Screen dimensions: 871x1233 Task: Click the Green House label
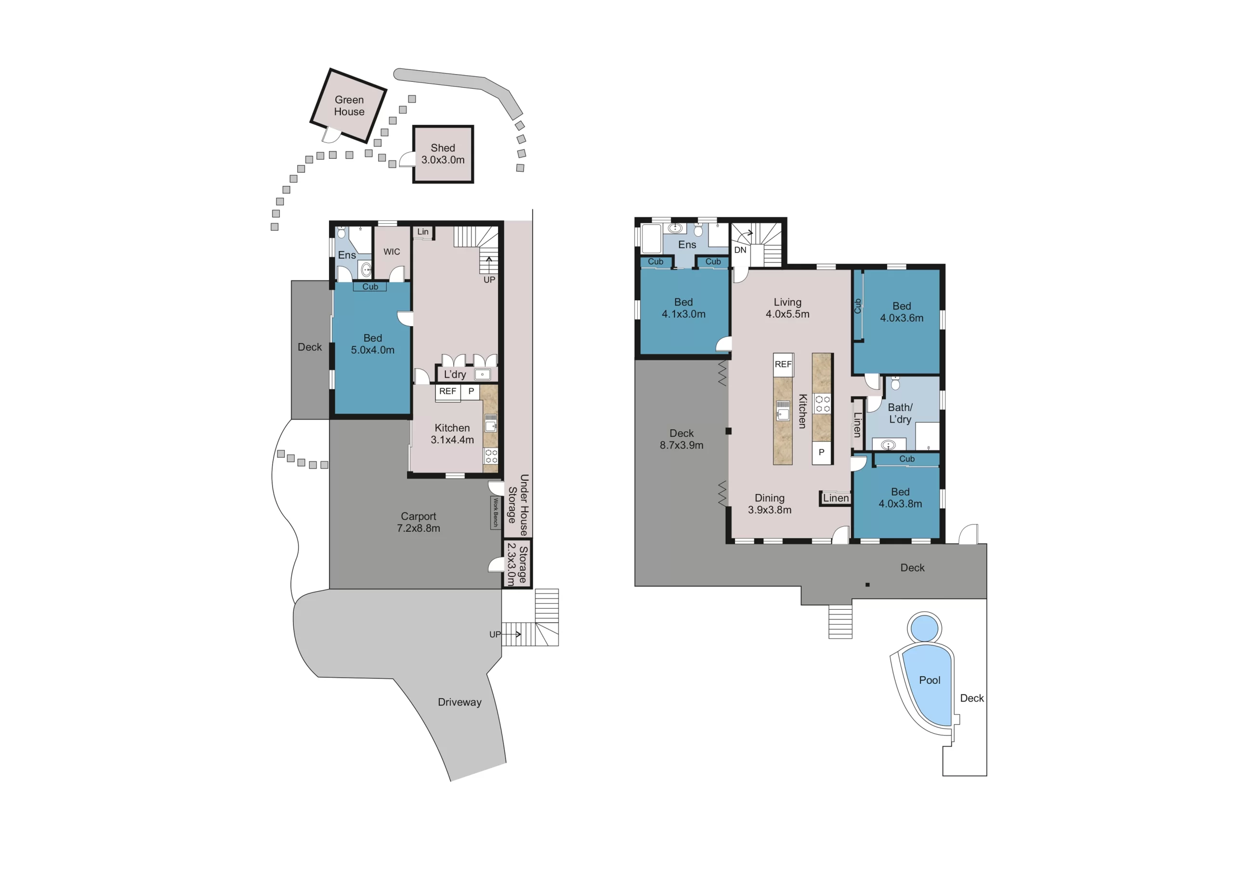coord(349,106)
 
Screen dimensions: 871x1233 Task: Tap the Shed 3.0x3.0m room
coord(443,154)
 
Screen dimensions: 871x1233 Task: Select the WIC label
coord(392,252)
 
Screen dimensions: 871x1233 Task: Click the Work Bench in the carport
coord(495,512)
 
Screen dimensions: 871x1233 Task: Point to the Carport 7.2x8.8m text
coord(419,522)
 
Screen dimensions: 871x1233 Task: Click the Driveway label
coord(459,702)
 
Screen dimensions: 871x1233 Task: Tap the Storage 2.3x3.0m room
coord(517,565)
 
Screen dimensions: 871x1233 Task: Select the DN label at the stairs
coord(740,250)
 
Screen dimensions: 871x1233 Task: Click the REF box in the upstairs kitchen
coord(783,364)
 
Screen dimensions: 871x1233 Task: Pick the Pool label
coord(930,680)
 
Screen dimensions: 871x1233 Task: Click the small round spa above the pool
coord(925,628)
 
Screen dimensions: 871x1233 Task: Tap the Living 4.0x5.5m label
coord(787,308)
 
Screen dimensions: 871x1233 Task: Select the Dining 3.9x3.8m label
coord(770,504)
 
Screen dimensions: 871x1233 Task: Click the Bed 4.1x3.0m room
coord(683,308)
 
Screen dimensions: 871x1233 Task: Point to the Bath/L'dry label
coord(900,413)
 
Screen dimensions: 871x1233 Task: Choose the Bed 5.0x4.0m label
coord(372,344)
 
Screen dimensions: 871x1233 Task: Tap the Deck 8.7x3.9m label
coord(681,439)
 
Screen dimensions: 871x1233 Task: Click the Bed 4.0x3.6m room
coord(901,312)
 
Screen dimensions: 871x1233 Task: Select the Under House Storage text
coord(518,504)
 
